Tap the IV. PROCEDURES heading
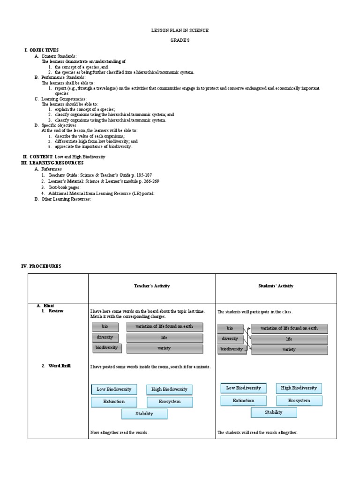41,266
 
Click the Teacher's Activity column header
152,286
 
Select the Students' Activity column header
276,286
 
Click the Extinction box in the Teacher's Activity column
114,402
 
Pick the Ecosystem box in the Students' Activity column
299,401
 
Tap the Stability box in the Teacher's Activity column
144,414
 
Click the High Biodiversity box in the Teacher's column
169,390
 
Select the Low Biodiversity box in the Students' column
243,388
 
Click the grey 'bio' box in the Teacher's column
105,326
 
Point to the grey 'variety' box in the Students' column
289,350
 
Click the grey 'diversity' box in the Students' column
230,339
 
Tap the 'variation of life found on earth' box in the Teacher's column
164,326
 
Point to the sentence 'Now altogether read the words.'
120,433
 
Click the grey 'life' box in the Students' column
289,339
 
